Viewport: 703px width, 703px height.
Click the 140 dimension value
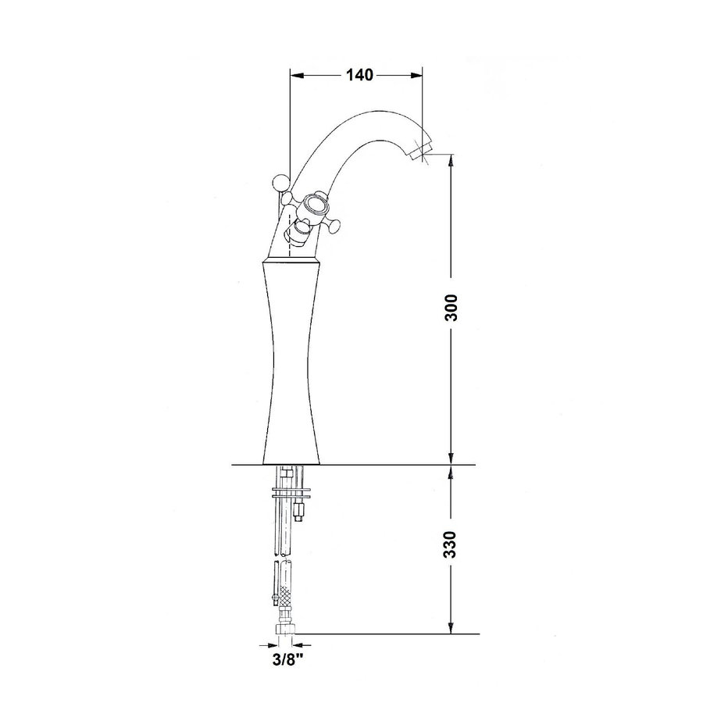coord(357,75)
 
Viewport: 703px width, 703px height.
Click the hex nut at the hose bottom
coord(286,629)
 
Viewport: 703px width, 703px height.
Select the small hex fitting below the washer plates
coord(298,514)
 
